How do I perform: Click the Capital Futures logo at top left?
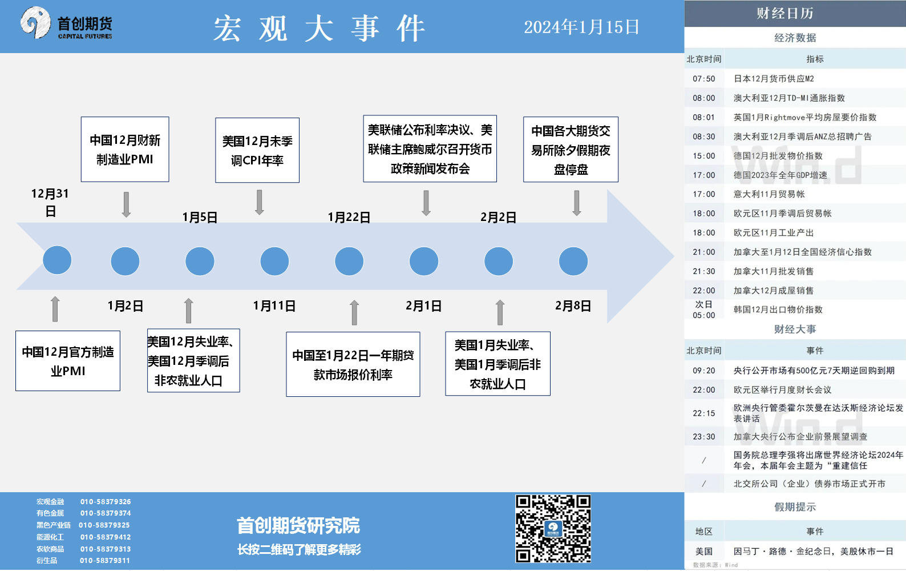tap(66, 23)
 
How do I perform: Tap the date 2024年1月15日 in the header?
tap(581, 27)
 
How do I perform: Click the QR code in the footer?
tap(553, 529)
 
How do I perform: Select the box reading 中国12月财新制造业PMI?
tap(125, 150)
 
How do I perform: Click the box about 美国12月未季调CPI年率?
tap(257, 150)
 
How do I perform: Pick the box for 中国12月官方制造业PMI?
tap(68, 361)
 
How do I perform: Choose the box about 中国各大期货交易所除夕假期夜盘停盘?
tap(571, 150)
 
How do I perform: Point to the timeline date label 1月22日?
tap(349, 218)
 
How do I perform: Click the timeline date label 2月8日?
tap(573, 305)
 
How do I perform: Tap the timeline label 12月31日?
tap(50, 202)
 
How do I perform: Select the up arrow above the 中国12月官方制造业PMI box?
tap(55, 309)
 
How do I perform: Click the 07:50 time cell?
tap(704, 78)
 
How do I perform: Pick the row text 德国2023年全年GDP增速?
tap(780, 175)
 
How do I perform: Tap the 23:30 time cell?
tap(704, 437)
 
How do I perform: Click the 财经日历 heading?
tap(784, 13)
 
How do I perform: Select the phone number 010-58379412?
tap(106, 537)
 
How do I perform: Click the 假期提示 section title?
tap(795, 506)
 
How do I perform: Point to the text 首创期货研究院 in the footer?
tap(298, 526)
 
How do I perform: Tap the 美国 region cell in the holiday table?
tap(704, 551)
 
